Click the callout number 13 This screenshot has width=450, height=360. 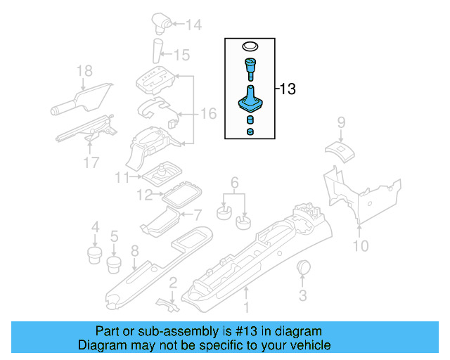[288, 89]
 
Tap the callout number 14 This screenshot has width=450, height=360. [193, 25]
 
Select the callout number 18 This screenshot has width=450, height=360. [84, 71]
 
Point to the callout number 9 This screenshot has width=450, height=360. [341, 122]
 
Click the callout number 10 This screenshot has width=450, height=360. [360, 246]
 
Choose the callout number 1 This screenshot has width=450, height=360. [246, 307]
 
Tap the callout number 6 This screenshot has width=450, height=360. [235, 181]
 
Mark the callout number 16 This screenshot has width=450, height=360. [209, 113]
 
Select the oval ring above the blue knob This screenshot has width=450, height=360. [250, 46]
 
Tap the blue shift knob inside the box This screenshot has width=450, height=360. [250, 69]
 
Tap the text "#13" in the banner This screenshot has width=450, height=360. [245, 331]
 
